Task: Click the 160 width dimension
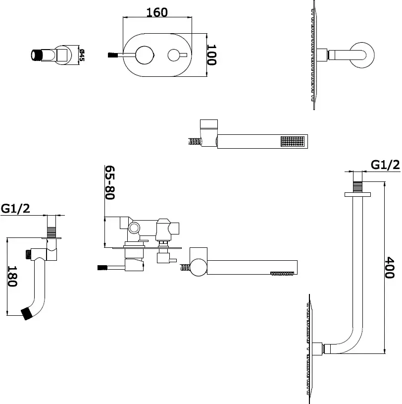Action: pyautogui.click(x=157, y=12)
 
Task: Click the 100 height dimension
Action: pyautogui.click(x=212, y=55)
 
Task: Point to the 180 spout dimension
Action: pyautogui.click(x=13, y=276)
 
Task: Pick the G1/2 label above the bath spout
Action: pyautogui.click(x=15, y=209)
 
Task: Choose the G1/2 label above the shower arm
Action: pyautogui.click(x=385, y=165)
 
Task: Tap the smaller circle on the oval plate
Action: pyautogui.click(x=174, y=55)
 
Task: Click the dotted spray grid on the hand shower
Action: pyautogui.click(x=292, y=141)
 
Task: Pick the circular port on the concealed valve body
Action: pyautogui.click(x=134, y=228)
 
